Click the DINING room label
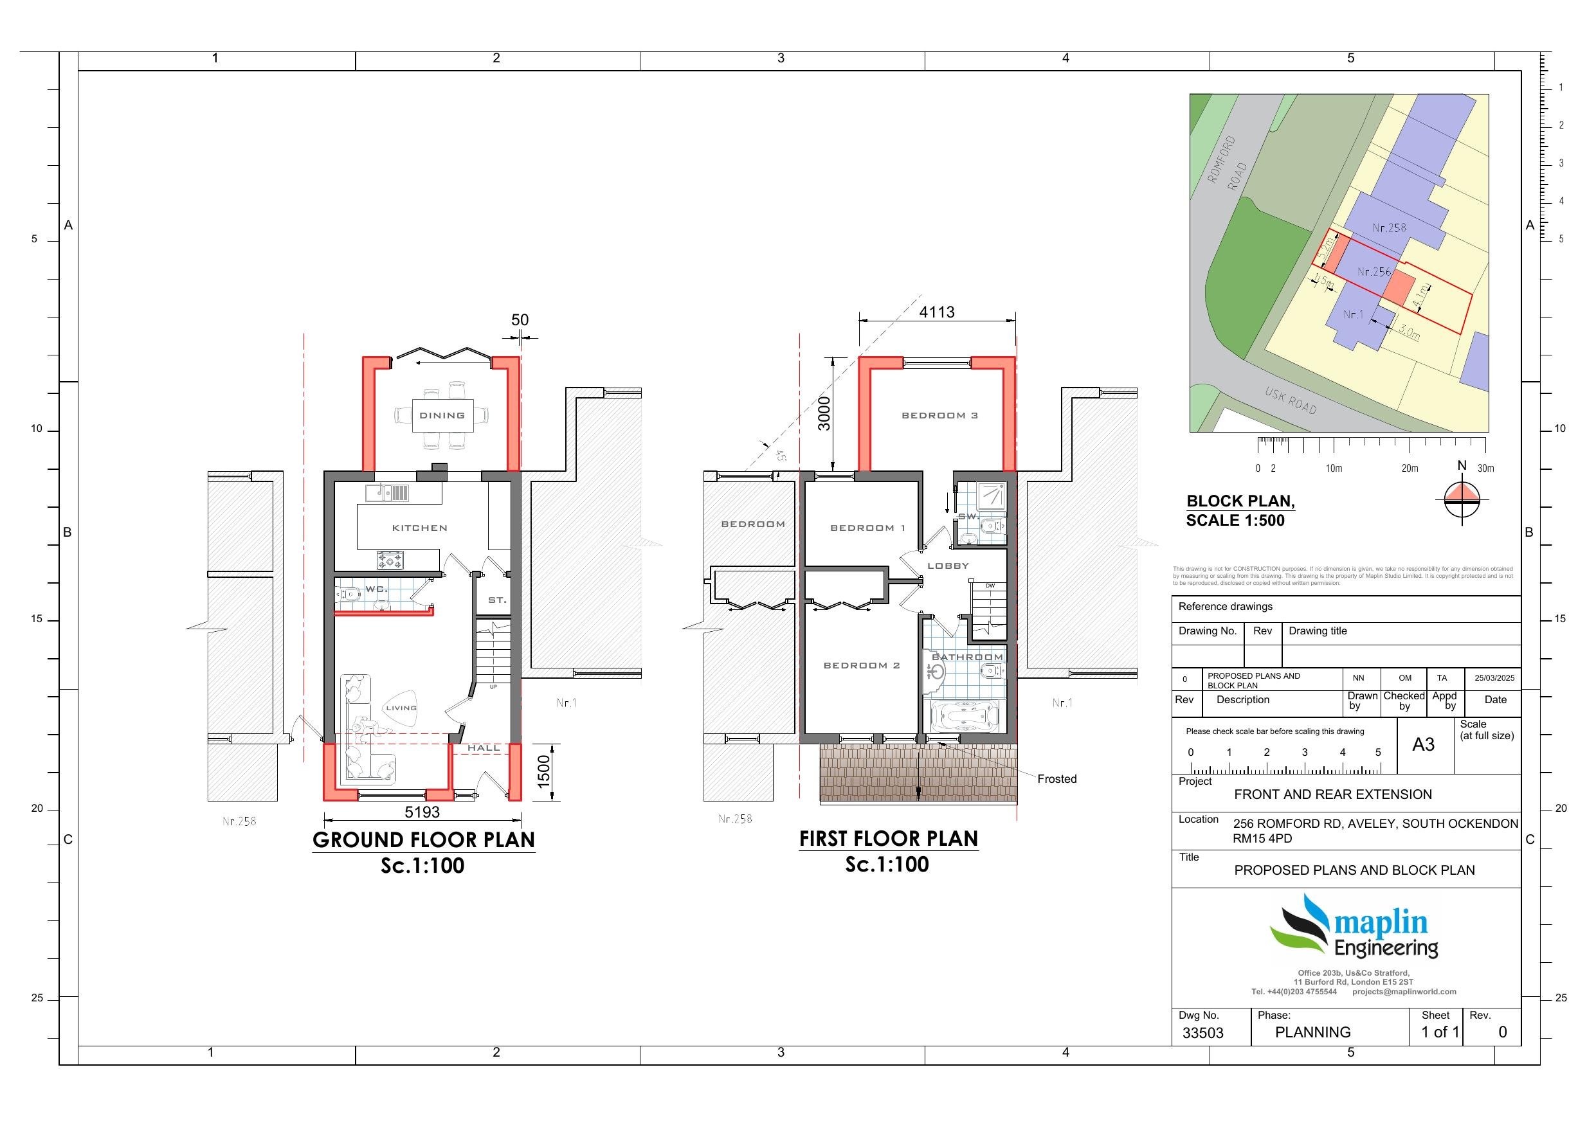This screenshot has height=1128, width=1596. click(442, 416)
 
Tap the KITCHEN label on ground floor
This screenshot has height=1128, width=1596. click(419, 528)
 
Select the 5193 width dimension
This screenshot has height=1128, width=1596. click(422, 812)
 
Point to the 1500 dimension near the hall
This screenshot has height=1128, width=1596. click(543, 771)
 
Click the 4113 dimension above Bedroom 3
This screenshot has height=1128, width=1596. click(936, 312)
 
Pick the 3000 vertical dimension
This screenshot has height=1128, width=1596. click(824, 413)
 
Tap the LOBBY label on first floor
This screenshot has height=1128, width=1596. click(947, 566)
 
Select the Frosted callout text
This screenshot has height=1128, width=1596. click(1056, 779)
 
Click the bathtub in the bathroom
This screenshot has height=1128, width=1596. click(963, 716)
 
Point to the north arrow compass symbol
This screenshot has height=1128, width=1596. click(1462, 498)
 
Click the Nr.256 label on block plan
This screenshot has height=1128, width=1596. click(1374, 272)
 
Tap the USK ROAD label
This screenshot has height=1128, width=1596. click(1290, 401)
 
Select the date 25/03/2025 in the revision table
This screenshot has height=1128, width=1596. click(1495, 678)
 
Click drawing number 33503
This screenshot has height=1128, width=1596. click(1202, 1033)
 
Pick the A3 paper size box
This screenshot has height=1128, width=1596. click(1423, 745)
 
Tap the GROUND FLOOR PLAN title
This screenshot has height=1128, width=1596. click(423, 839)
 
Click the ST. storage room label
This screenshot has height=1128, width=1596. click(497, 600)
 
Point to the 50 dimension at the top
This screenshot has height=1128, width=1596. click(520, 319)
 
